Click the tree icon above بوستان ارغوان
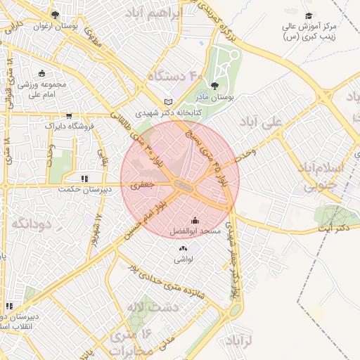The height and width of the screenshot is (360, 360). click(x=56, y=15)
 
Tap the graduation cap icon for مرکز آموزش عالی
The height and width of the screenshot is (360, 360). click(x=308, y=15)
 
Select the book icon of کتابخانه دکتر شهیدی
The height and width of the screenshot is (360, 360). click(x=167, y=101)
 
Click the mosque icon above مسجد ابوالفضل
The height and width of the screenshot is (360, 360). click(x=195, y=220)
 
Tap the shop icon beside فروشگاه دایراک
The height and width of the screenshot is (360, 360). click(x=69, y=116)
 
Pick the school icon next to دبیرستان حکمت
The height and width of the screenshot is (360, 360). click(x=84, y=179)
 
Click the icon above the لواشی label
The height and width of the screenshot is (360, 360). click(x=183, y=247)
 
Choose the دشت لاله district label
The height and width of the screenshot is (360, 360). click(x=143, y=307)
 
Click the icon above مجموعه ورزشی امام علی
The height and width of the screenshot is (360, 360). click(x=41, y=73)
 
